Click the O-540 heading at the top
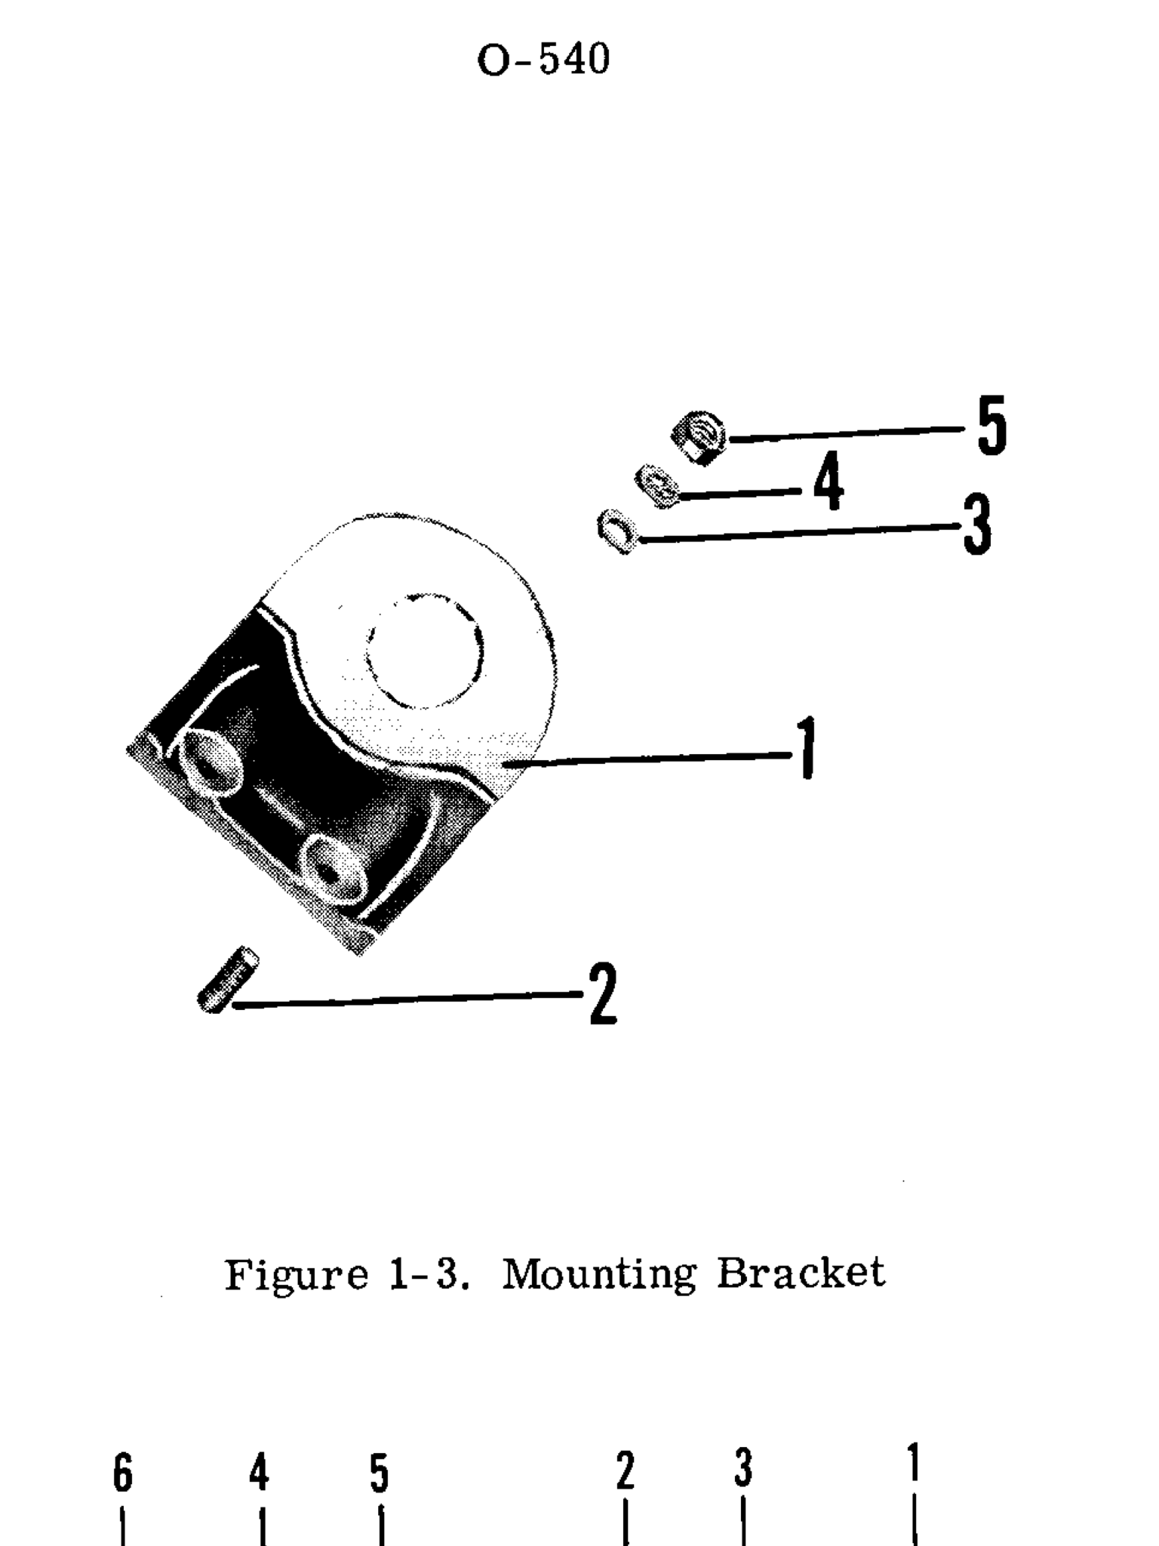tap(543, 60)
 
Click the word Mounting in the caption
tap(598, 1274)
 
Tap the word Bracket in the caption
tap(800, 1273)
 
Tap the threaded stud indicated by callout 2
tap(227, 979)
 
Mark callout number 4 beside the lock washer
tap(829, 482)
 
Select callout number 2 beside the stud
tap(604, 994)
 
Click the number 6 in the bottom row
tap(122, 1474)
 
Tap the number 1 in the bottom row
tap(914, 1463)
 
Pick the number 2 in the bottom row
tap(625, 1472)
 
